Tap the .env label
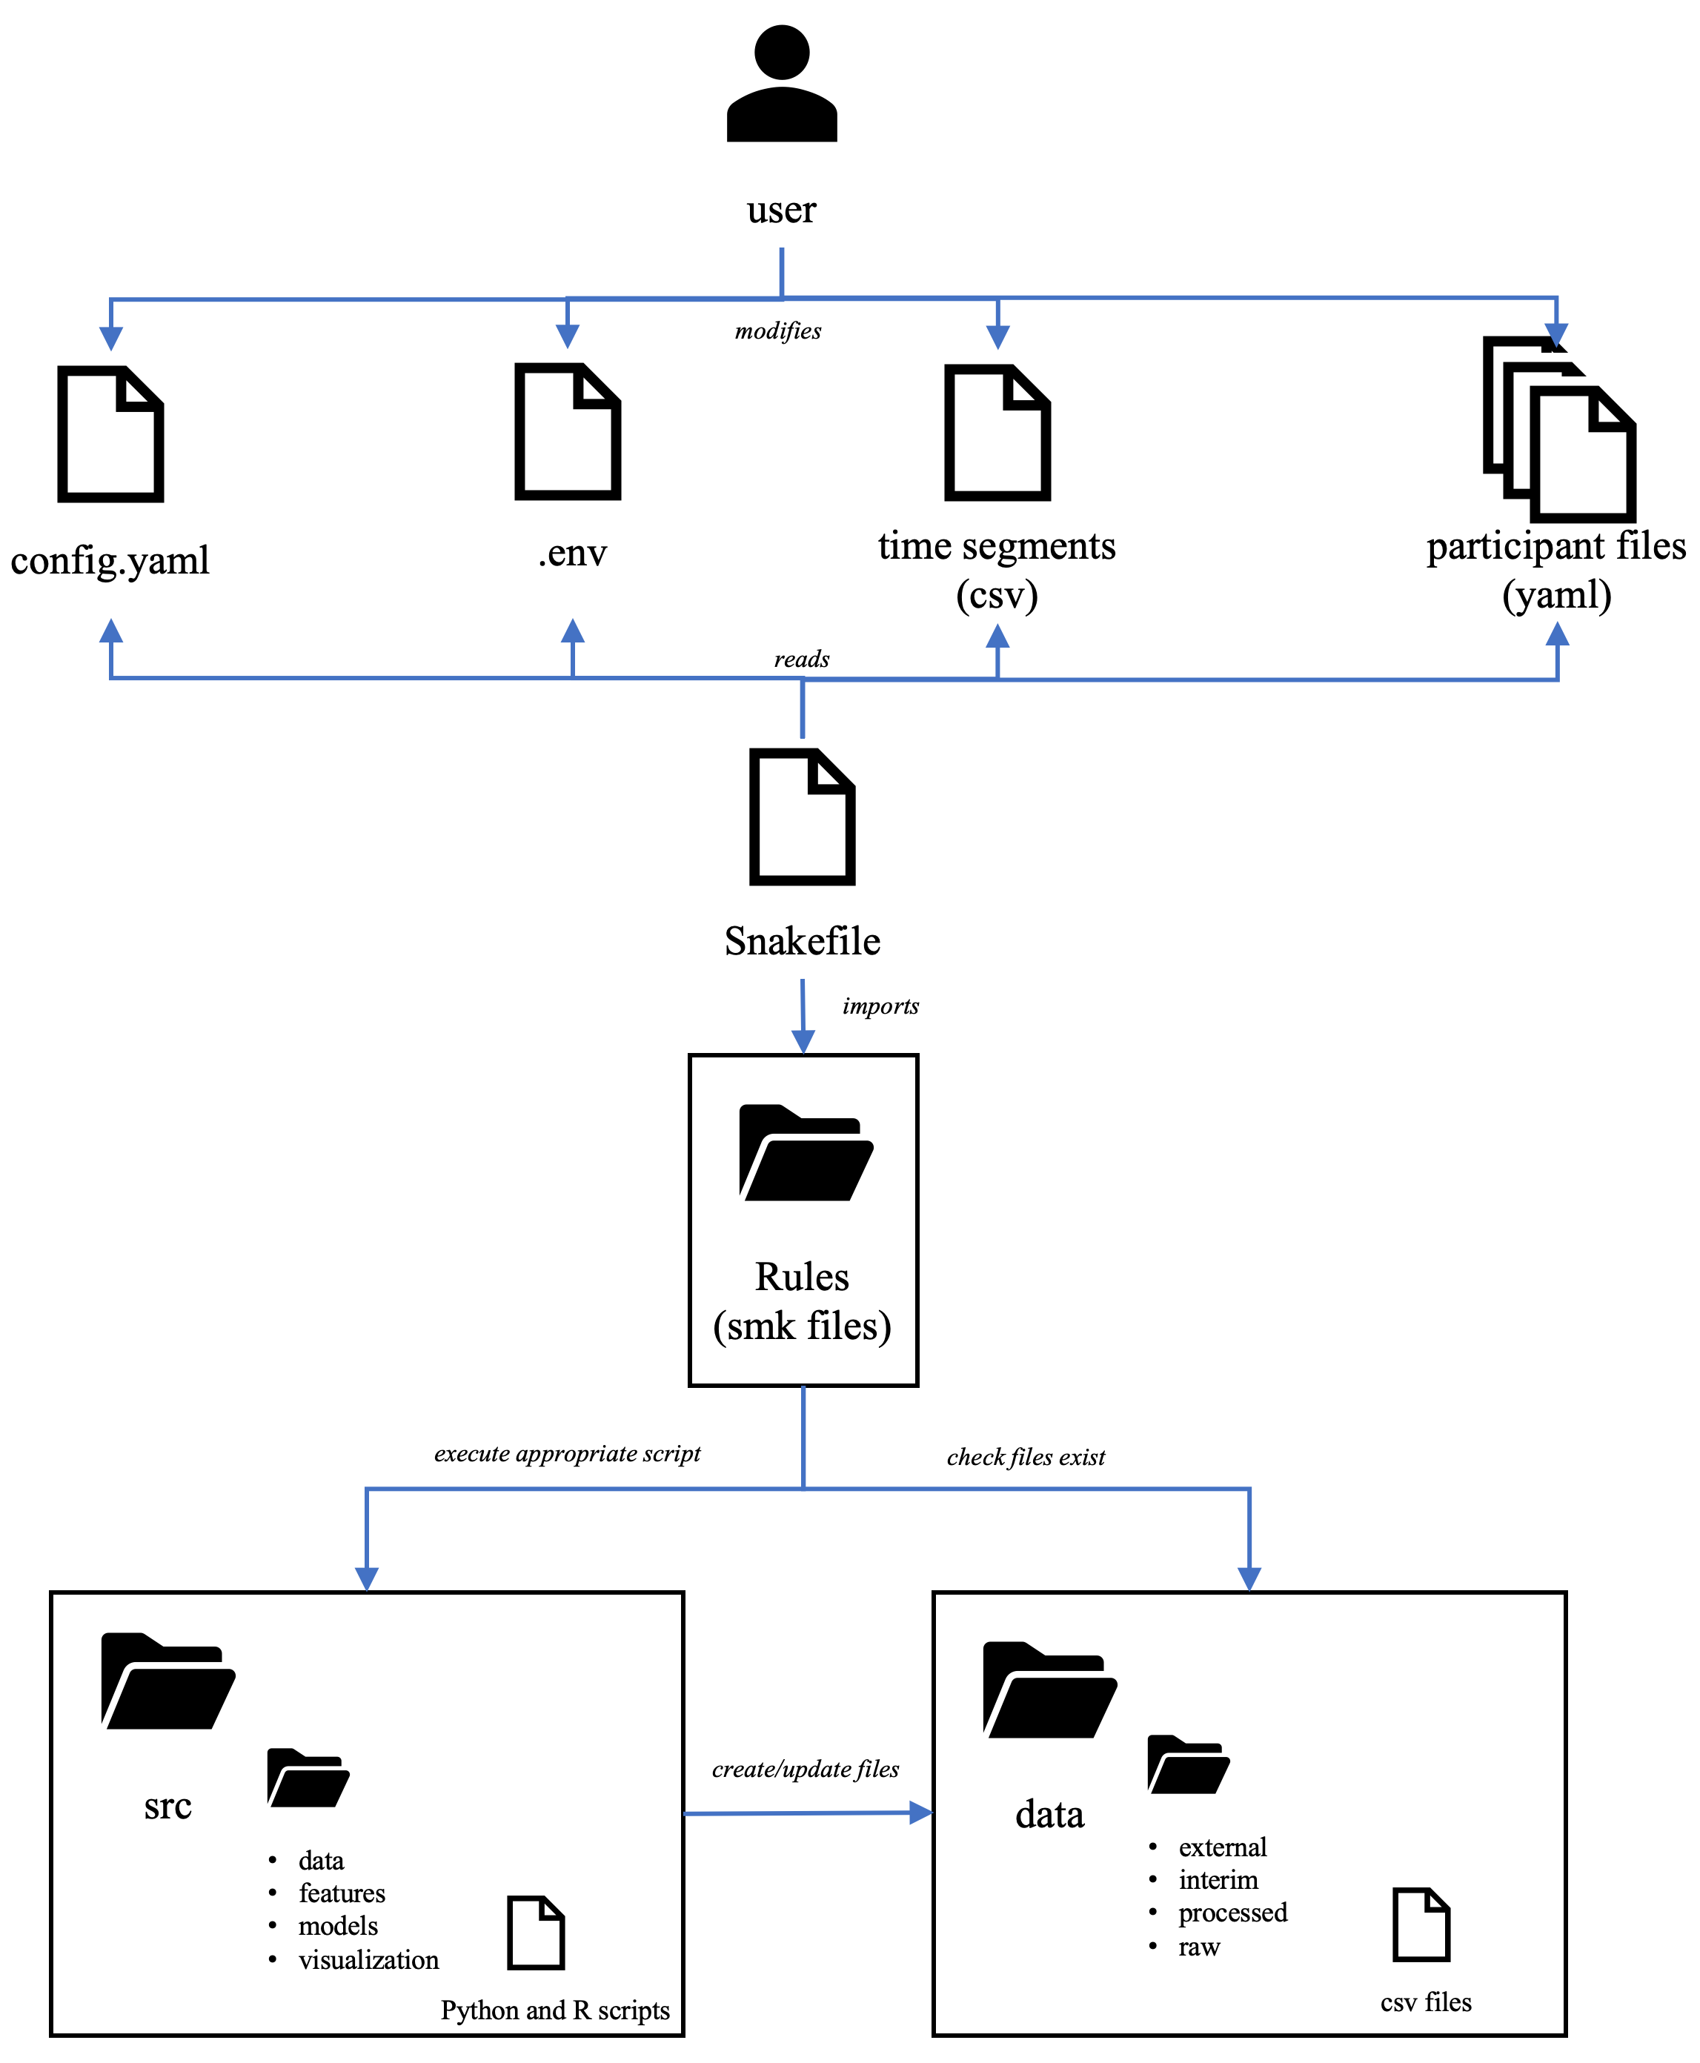(x=572, y=554)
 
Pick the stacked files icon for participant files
(x=1559, y=430)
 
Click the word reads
(x=801, y=659)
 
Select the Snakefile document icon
(x=802, y=817)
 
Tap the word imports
(x=880, y=1006)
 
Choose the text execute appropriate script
(x=567, y=1454)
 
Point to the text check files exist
(x=1026, y=1457)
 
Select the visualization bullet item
(x=368, y=1959)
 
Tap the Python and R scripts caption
(x=554, y=2010)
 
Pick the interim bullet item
(x=1218, y=1880)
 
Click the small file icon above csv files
(x=1421, y=1925)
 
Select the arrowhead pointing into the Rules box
(x=803, y=1042)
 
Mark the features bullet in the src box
(x=342, y=1893)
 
